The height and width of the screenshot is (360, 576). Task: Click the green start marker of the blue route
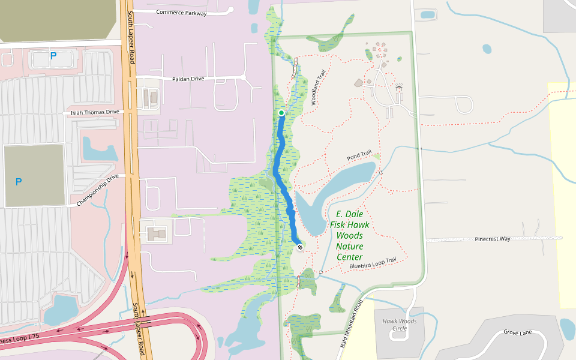[x=281, y=113]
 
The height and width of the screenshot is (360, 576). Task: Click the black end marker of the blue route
[x=300, y=247]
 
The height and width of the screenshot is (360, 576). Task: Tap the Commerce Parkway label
[x=181, y=13]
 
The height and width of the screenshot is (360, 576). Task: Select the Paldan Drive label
[x=189, y=79]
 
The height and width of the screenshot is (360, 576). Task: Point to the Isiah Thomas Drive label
[x=95, y=112]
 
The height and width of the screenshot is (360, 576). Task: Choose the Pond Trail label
[x=359, y=157]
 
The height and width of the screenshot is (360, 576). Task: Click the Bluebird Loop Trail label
[x=373, y=263]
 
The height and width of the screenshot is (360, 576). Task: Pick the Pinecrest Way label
[x=492, y=239]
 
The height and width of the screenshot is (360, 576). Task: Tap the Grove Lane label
[x=517, y=332]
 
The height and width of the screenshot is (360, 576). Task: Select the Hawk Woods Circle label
[x=399, y=325]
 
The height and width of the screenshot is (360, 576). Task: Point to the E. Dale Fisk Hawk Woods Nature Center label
[x=350, y=235]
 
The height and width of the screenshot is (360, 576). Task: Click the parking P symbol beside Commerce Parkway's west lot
[x=53, y=56]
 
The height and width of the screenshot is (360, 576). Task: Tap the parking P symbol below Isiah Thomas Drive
[x=19, y=181]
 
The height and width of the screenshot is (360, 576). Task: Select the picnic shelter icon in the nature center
[x=399, y=89]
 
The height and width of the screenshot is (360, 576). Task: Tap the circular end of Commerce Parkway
[x=230, y=10]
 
